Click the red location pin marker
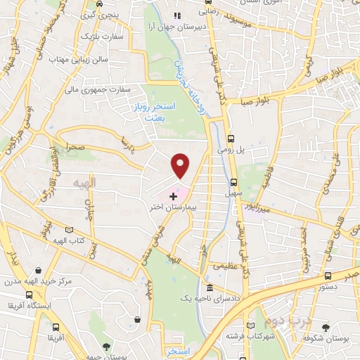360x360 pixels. click(181, 165)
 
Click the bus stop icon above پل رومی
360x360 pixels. click(232, 139)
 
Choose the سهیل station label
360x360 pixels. click(243, 171)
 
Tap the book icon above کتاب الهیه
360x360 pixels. click(69, 229)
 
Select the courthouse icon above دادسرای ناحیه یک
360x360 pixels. click(210, 288)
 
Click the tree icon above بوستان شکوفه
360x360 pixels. click(324, 328)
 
